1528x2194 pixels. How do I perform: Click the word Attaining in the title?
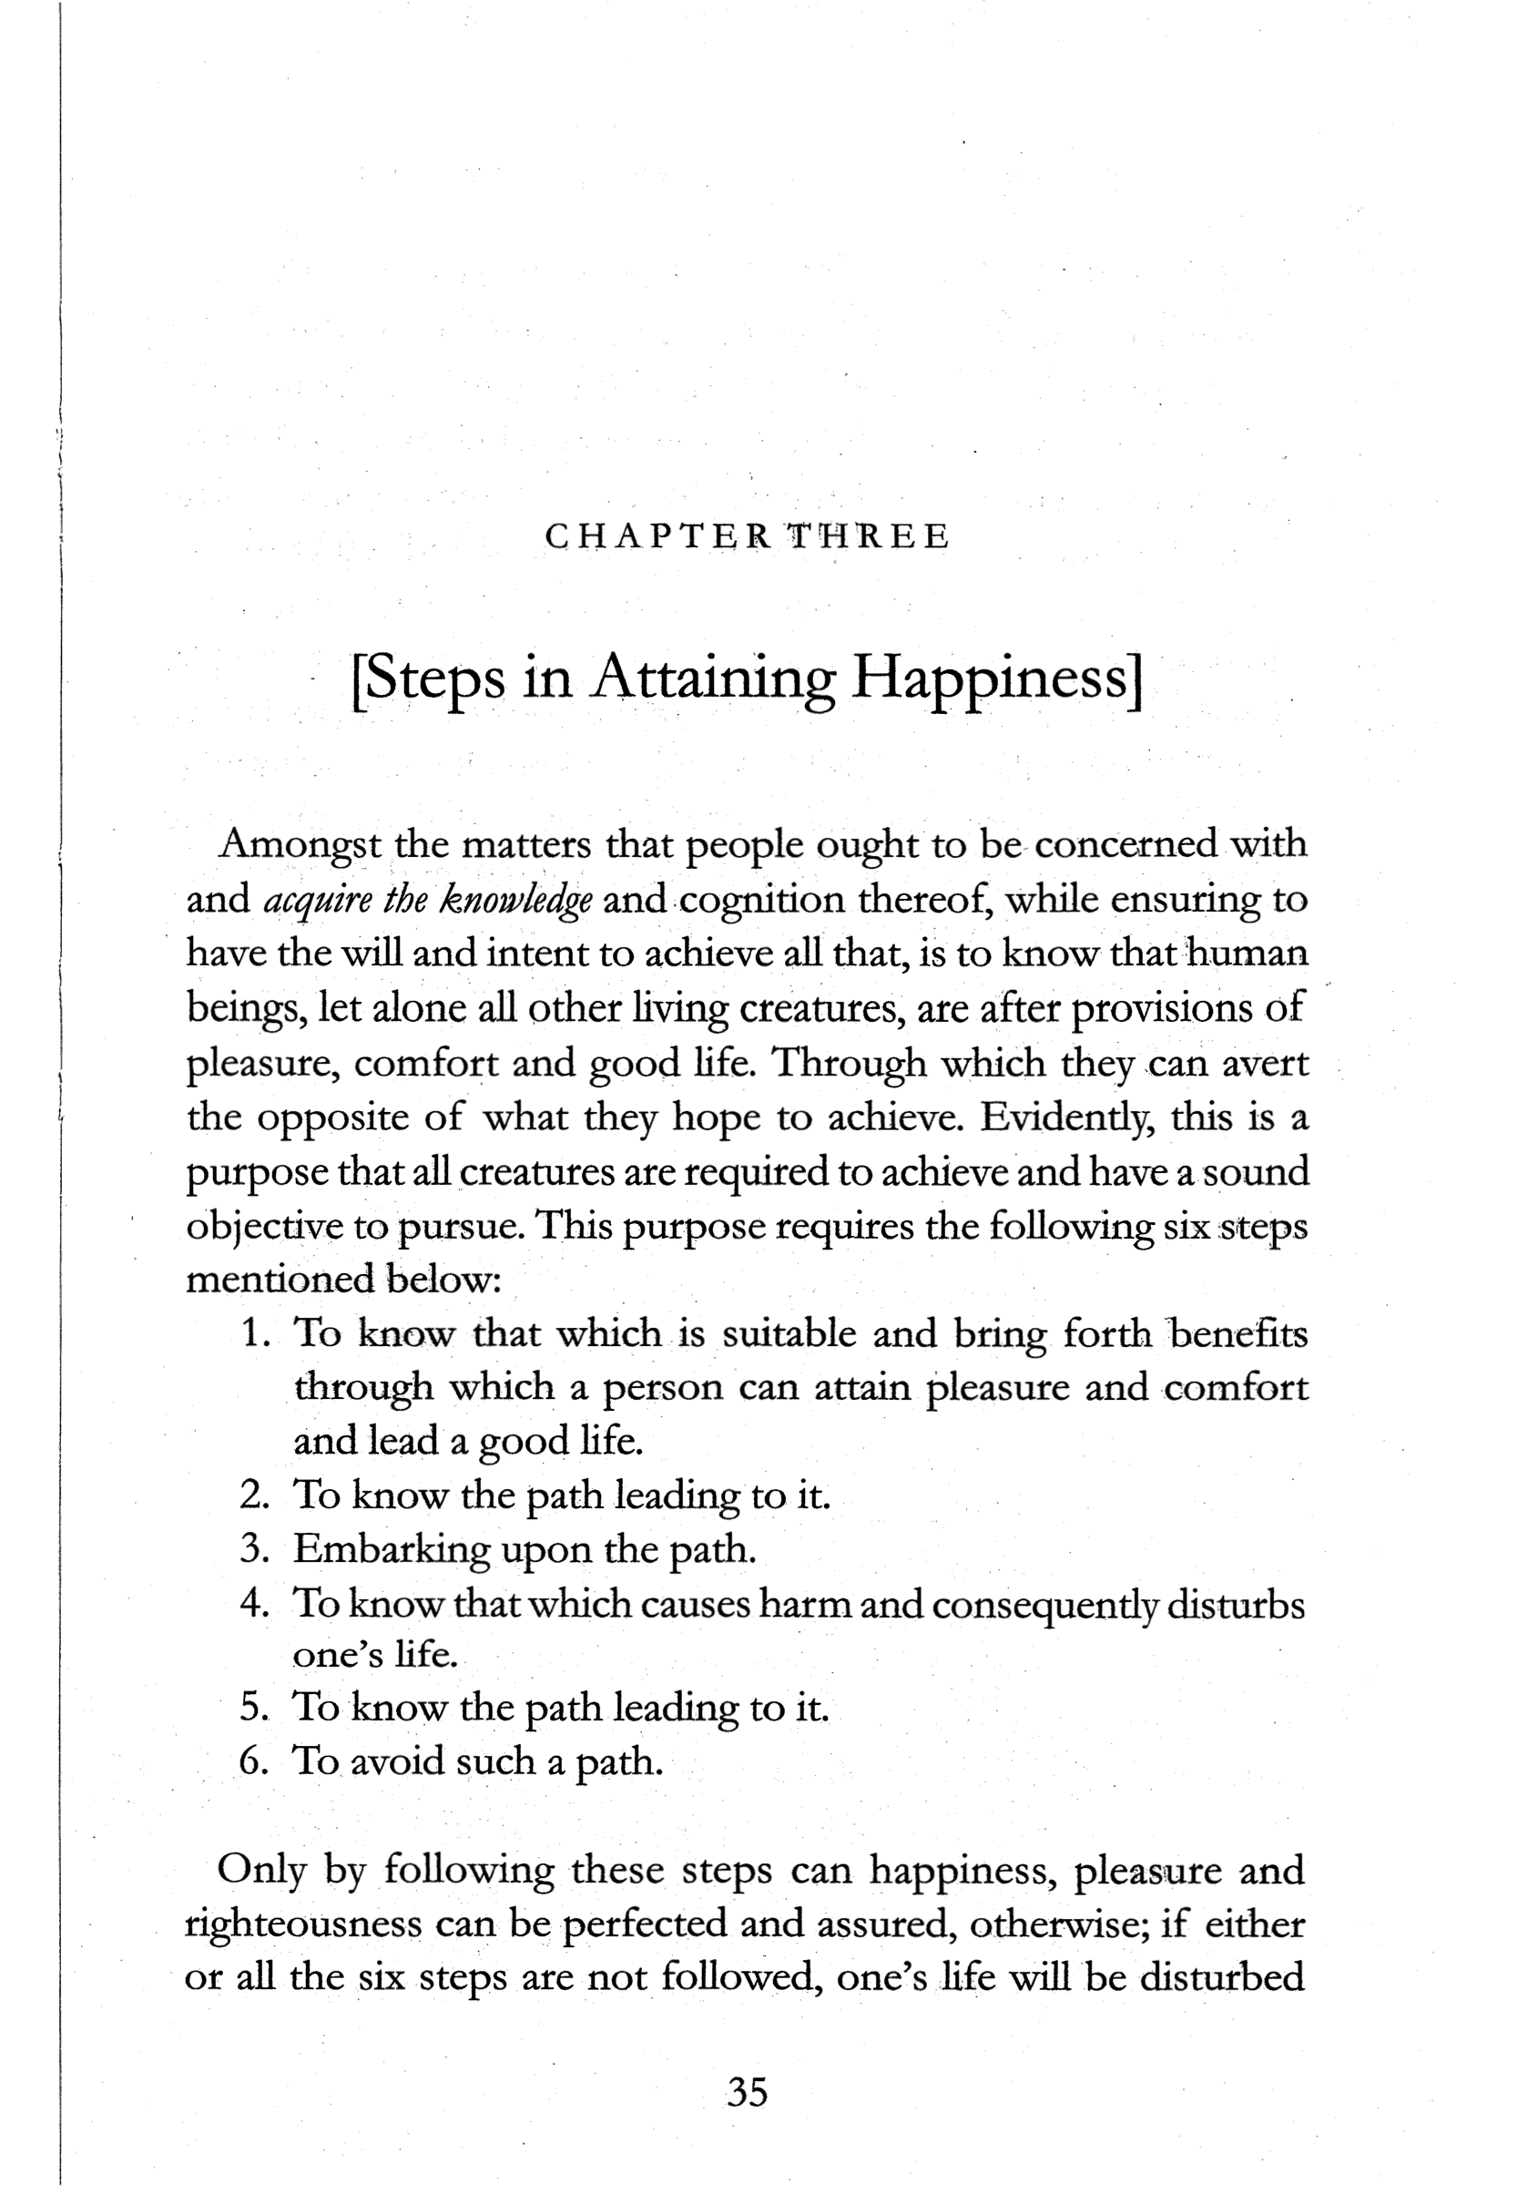(x=716, y=679)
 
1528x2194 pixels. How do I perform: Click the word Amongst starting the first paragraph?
(x=301, y=845)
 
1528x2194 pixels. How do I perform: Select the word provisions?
(x=1156, y=1009)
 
